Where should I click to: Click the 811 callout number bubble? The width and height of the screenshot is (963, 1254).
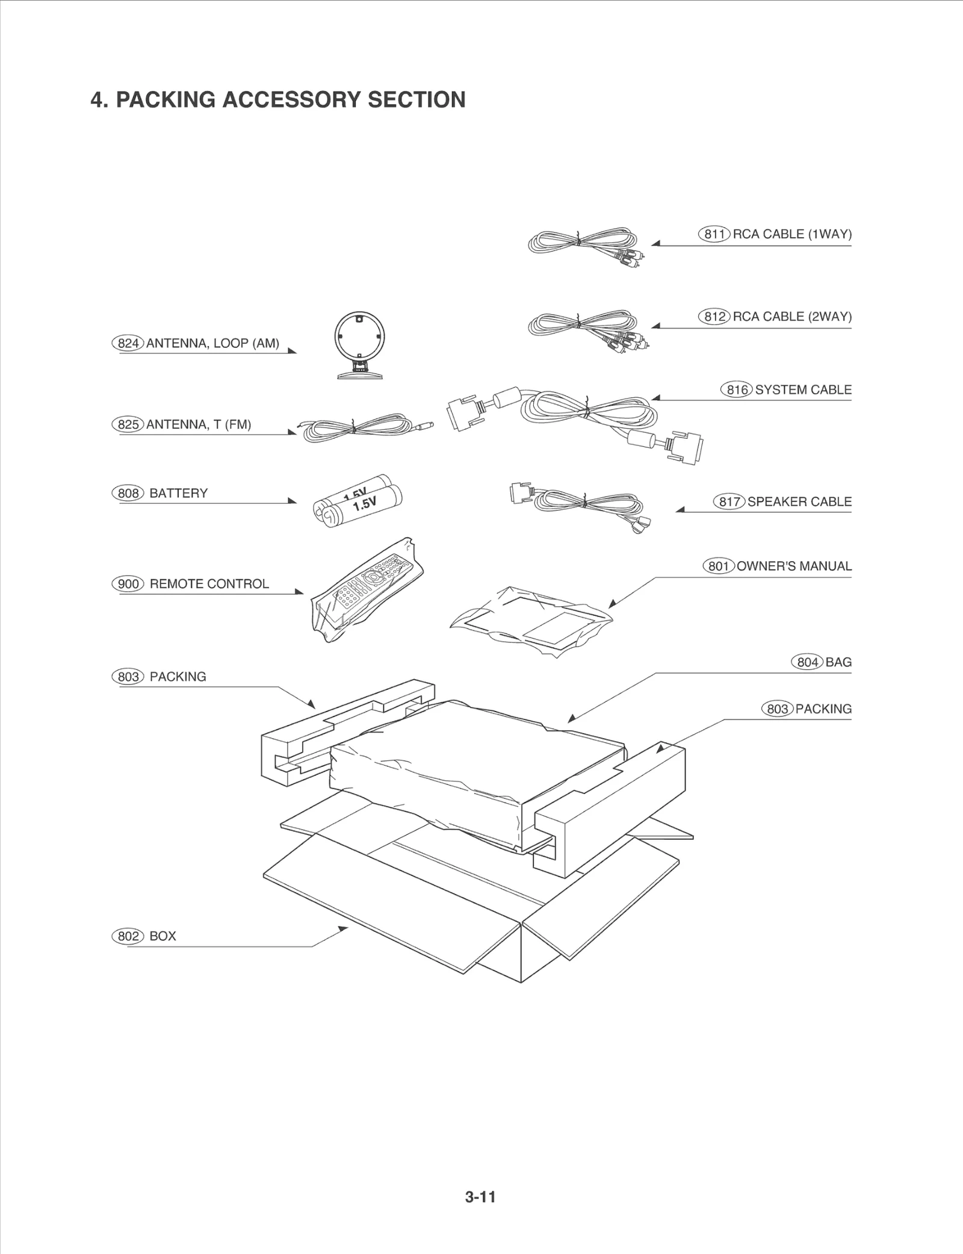point(714,234)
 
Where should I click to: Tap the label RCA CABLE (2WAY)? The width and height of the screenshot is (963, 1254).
point(792,317)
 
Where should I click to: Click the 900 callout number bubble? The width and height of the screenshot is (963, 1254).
point(128,584)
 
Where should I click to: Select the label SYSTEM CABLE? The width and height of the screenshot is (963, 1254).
point(803,390)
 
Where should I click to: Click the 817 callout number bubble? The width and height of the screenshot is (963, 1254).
point(729,502)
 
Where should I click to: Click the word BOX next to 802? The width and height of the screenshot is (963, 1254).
point(163,936)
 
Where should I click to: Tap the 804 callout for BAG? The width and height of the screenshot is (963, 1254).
point(807,662)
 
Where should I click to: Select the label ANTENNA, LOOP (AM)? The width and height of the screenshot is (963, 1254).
point(212,344)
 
